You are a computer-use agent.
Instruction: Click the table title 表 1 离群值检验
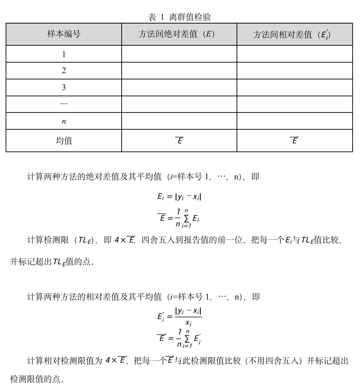179,17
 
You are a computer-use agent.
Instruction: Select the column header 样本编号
64,34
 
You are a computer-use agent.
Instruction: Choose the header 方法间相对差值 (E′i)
292,34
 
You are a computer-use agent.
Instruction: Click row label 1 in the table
64,54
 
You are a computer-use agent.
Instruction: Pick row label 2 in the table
64,71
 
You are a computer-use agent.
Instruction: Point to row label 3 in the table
64,88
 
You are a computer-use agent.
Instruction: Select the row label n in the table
64,122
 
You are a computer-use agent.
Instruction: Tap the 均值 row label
64,141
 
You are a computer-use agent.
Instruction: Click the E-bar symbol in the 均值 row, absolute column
179,141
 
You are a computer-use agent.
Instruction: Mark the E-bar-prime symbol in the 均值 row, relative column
295,141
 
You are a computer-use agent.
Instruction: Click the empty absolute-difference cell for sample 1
179,54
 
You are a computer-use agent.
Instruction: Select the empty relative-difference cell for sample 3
295,88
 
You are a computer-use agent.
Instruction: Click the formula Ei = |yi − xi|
179,197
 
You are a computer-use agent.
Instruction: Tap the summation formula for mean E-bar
179,218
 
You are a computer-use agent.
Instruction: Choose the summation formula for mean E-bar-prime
179,338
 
